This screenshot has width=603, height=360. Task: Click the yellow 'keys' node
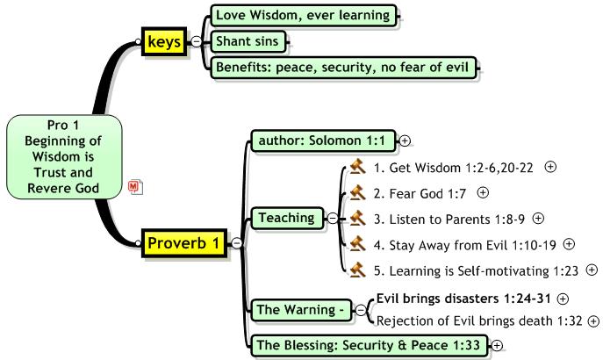(164, 41)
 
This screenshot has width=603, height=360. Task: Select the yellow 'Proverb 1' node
(184, 243)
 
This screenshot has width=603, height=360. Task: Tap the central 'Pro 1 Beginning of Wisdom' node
(64, 156)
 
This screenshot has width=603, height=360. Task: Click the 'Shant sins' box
(248, 41)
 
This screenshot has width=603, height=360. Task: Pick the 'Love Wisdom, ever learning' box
(304, 16)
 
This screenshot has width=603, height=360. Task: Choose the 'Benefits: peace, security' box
(343, 68)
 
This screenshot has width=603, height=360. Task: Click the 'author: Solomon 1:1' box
(323, 140)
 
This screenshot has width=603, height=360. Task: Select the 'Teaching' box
(287, 218)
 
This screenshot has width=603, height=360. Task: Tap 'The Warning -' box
(301, 310)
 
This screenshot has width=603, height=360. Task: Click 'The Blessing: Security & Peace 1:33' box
(370, 345)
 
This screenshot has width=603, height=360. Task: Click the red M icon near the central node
(135, 187)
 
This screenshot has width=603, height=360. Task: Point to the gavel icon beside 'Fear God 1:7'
(357, 193)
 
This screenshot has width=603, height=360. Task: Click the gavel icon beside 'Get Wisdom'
(357, 167)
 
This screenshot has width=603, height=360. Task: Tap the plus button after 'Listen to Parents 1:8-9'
(538, 219)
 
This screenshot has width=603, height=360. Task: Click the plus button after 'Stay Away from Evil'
(569, 244)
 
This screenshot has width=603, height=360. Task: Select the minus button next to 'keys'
(196, 41)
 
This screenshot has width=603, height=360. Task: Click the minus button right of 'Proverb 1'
(236, 243)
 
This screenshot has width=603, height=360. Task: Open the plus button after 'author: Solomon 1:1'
(405, 141)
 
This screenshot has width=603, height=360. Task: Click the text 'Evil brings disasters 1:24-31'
(463, 299)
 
